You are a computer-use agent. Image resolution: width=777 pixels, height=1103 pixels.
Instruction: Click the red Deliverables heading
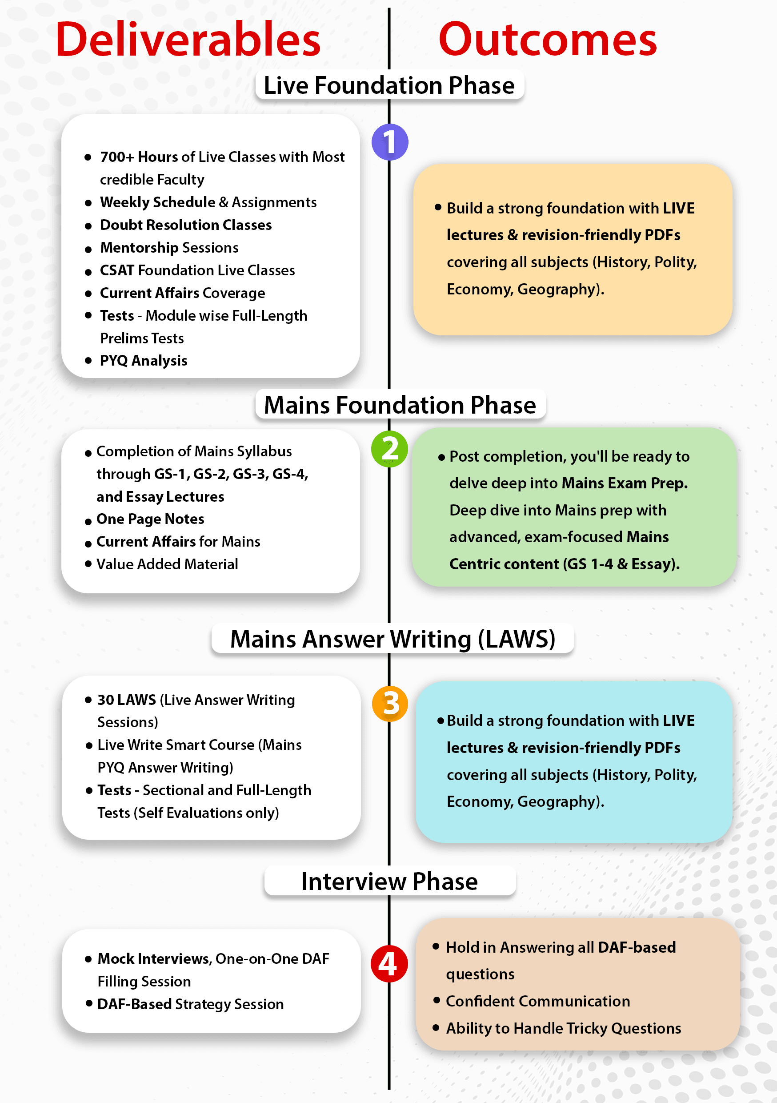188,40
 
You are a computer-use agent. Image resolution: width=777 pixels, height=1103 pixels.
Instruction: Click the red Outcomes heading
547,40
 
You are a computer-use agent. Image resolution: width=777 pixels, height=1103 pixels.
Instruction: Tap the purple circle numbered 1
389,142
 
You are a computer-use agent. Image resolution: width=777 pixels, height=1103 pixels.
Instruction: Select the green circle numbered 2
389,449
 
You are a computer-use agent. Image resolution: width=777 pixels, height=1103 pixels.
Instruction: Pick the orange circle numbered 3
389,704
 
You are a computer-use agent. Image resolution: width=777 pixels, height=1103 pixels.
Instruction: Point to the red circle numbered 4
389,964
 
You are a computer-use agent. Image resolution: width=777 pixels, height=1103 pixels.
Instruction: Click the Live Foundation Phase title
389,85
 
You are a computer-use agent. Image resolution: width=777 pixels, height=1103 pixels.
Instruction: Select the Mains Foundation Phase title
400,405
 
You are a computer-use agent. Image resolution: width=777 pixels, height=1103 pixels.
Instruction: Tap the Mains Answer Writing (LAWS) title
393,639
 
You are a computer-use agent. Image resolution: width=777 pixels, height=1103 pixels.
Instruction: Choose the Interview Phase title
389,881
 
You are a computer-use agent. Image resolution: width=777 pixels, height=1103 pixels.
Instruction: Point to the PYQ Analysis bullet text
143,361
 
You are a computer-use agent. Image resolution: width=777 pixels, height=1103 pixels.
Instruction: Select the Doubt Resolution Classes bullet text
185,225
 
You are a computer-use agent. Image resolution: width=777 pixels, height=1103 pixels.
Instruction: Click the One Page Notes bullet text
150,519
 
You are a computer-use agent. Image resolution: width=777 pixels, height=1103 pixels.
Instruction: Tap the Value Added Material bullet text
167,564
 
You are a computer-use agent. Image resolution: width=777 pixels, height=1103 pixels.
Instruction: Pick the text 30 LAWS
126,700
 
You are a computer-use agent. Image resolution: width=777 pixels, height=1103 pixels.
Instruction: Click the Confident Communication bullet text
537,1001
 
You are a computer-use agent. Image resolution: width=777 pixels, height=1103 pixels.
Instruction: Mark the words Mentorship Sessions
169,248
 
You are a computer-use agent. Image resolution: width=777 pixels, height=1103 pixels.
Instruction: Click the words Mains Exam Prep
624,483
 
